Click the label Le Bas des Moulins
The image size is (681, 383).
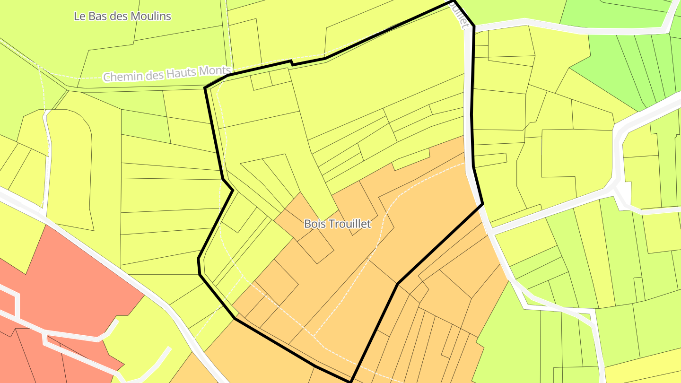[x=122, y=16]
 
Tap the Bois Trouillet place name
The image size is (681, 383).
[x=338, y=224]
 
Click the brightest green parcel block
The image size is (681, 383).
[x=610, y=61]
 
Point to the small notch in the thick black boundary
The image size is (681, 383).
[x=292, y=62]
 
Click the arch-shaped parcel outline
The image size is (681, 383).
[x=69, y=161]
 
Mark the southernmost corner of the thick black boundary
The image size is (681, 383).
[x=351, y=381]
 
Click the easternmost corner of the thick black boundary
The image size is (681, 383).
[x=482, y=204]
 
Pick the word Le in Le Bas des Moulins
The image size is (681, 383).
[x=79, y=16]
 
